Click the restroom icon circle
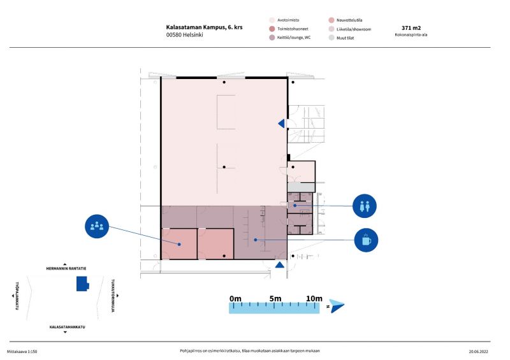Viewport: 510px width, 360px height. tap(364, 206)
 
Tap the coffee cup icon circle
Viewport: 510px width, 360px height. tap(366, 240)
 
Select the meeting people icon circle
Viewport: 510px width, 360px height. tap(97, 226)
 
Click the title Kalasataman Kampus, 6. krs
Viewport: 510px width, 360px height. tap(204, 27)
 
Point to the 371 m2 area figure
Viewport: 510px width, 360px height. tap(411, 28)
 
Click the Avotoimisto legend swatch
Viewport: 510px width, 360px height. tap(272, 20)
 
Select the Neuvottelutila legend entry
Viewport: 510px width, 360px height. tap(346, 20)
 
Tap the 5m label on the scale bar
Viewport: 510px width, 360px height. tap(275, 299)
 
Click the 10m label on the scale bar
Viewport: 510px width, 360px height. tap(314, 299)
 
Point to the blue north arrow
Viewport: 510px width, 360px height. tap(337, 306)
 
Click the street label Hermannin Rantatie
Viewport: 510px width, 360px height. tap(66, 269)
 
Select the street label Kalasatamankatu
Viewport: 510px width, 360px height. tap(67, 327)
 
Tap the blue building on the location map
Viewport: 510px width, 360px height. tap(83, 284)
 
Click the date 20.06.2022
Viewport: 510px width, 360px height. tap(479, 352)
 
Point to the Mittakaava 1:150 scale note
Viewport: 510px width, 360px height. tap(22, 352)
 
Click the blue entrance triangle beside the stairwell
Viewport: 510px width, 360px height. tap(281, 124)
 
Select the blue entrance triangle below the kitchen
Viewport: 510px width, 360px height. tap(280, 264)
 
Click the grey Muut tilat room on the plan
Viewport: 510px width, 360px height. tap(301, 187)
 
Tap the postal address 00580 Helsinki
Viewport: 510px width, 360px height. tap(184, 35)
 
